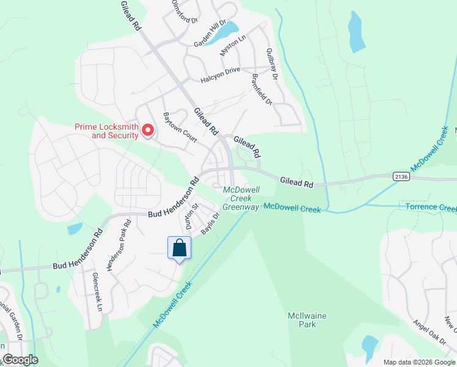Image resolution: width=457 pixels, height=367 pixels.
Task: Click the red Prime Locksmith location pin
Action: coord(147,130)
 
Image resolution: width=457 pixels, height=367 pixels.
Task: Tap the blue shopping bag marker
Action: coord(179,248)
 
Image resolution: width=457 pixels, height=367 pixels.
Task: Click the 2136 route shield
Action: coord(401,176)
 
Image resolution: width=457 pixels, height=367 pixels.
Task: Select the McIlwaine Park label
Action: coord(302,320)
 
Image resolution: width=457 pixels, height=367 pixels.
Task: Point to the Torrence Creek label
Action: coord(431,207)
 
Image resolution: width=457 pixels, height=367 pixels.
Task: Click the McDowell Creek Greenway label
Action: coord(241,198)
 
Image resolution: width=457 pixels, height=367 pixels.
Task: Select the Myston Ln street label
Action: coord(232,45)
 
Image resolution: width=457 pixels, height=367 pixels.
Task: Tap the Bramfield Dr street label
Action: coord(261,89)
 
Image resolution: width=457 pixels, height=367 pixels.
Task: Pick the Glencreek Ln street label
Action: coord(97,292)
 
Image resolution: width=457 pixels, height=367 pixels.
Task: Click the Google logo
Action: coord(20,360)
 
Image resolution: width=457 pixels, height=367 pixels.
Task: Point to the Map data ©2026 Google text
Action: coord(418,362)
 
